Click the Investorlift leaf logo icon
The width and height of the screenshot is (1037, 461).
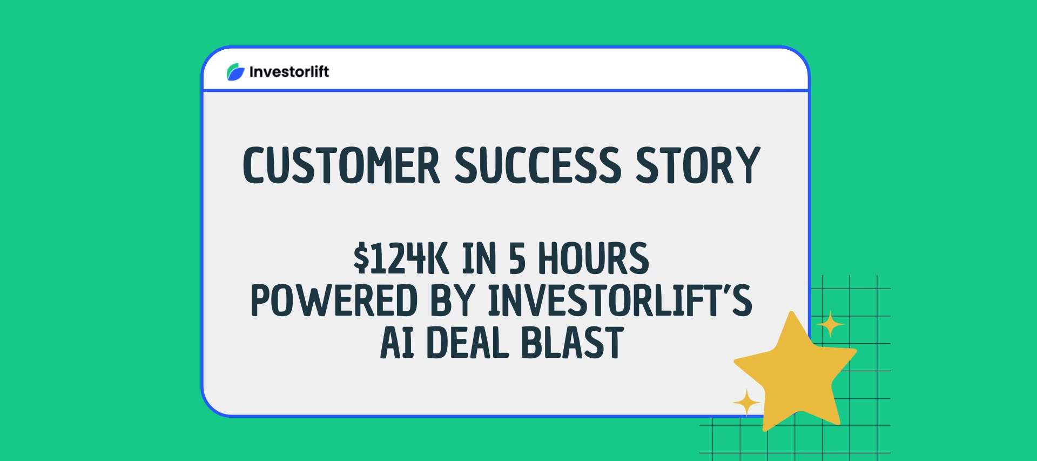(235, 72)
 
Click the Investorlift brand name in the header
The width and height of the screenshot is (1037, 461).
(289, 72)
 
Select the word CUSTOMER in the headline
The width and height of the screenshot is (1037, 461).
(341, 165)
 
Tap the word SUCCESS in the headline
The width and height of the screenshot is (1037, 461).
(538, 165)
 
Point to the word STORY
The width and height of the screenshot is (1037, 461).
(698, 165)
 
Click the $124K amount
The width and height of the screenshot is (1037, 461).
(401, 259)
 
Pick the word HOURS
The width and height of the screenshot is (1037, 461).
(594, 259)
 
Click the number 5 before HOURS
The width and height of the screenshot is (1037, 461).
(517, 259)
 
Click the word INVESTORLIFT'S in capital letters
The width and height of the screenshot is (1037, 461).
(620, 301)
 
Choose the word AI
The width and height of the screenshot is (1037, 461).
(397, 343)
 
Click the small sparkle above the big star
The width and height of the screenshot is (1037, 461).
(830, 325)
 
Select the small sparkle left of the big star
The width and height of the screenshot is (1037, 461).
(747, 403)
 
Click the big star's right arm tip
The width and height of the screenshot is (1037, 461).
(854, 352)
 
